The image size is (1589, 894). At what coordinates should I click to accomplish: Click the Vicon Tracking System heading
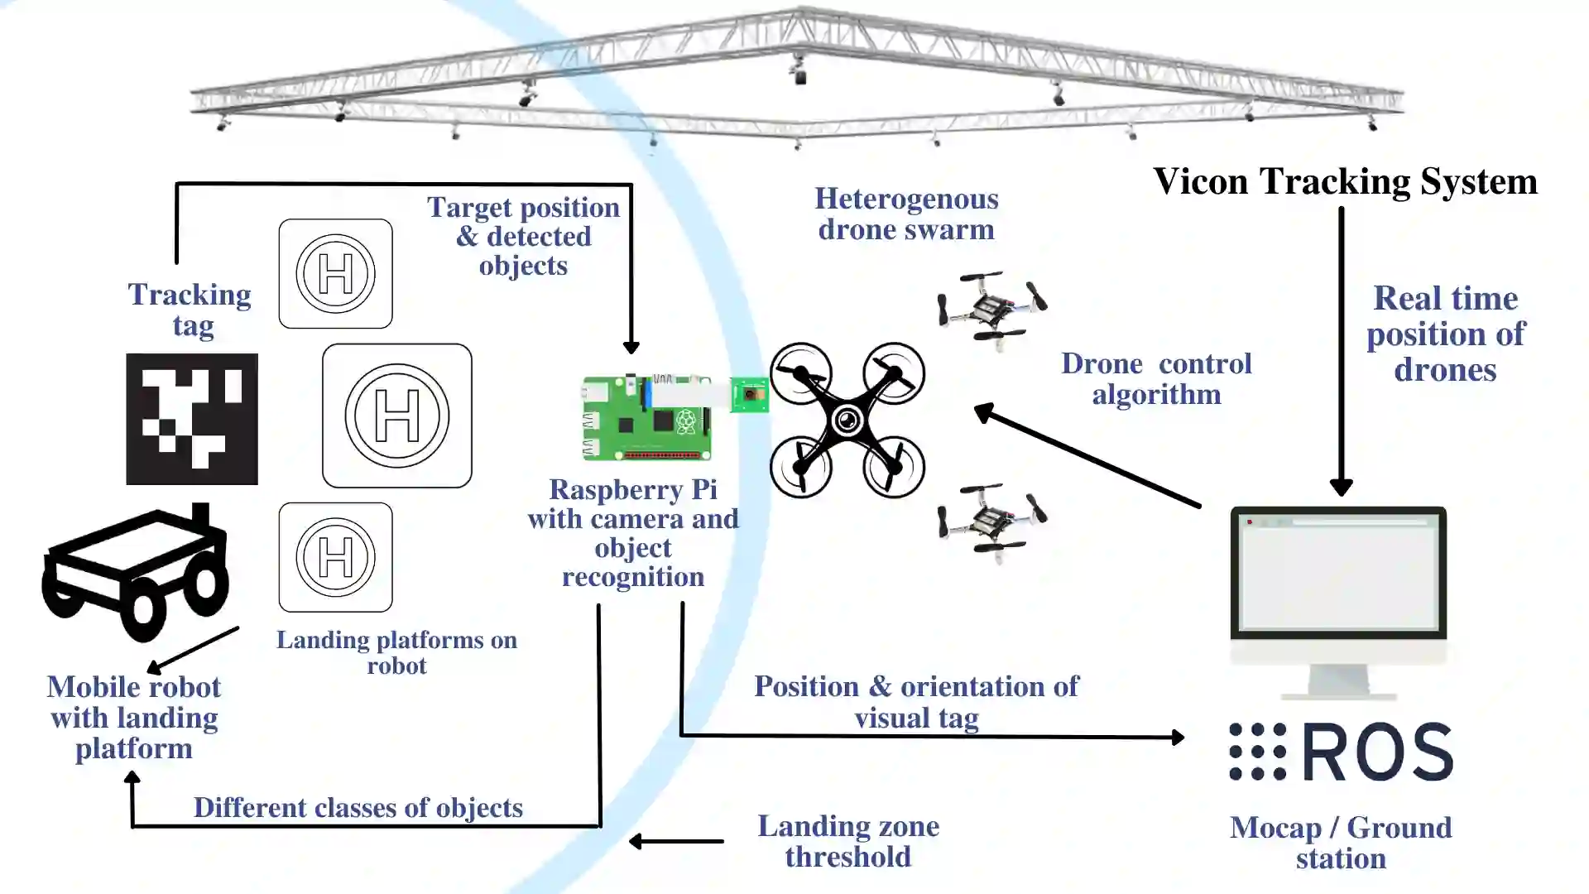pyautogui.click(x=1345, y=181)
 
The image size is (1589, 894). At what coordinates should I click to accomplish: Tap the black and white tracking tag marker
pyautogui.click(x=192, y=419)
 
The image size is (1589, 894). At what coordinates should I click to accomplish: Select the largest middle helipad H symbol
pyautogui.click(x=397, y=416)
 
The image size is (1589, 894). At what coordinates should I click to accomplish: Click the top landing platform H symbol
pyautogui.click(x=336, y=274)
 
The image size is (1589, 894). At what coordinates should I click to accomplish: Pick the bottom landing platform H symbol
pyautogui.click(x=336, y=557)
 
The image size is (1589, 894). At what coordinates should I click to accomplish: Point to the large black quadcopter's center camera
pyautogui.click(x=847, y=421)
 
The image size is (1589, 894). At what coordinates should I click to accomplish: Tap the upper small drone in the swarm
pyautogui.click(x=991, y=308)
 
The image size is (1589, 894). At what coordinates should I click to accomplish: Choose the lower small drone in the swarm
pyautogui.click(x=991, y=521)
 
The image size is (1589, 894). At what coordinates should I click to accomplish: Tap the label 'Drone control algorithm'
pyautogui.click(x=1156, y=379)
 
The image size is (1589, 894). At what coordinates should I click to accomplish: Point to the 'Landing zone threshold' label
pyautogui.click(x=848, y=841)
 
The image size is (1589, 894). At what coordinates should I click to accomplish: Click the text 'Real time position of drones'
pyautogui.click(x=1445, y=334)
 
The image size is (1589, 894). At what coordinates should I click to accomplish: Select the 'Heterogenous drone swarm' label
pyautogui.click(x=906, y=214)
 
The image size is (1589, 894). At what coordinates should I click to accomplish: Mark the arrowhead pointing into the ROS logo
pyautogui.click(x=1178, y=737)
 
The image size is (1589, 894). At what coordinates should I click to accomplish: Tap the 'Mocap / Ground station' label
pyautogui.click(x=1341, y=843)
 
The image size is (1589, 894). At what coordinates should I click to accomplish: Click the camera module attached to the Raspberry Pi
pyautogui.click(x=750, y=395)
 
